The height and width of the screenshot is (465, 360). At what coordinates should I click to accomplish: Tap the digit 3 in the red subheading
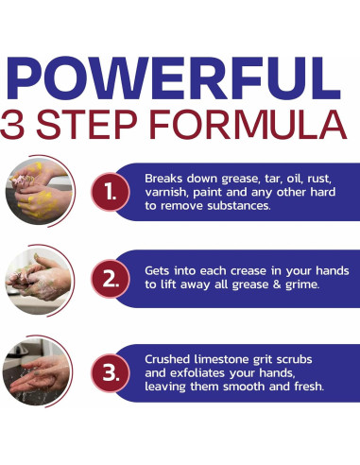[x=12, y=125]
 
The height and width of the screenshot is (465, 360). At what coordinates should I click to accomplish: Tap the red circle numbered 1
[x=111, y=192]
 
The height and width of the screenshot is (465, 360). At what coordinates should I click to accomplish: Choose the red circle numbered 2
[x=111, y=279]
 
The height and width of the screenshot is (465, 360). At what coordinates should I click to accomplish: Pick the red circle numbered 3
[x=111, y=373]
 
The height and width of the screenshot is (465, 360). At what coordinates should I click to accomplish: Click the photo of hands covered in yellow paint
[x=39, y=192]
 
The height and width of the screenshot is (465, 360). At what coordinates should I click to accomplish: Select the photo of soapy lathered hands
[x=39, y=281]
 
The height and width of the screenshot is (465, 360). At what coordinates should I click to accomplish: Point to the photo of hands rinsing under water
[x=36, y=371]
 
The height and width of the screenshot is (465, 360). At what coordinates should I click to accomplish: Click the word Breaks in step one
[x=163, y=179]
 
